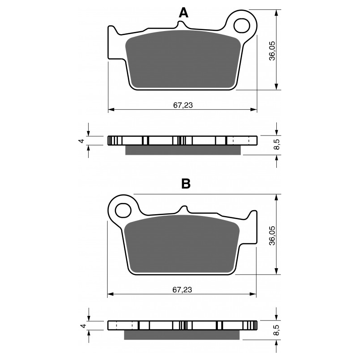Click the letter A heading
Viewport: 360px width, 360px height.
click(x=184, y=13)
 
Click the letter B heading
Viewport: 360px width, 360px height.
click(x=186, y=184)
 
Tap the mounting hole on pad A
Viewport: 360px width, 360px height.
click(x=242, y=25)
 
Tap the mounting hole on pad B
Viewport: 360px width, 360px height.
click(x=123, y=210)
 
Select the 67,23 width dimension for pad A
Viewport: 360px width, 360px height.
click(x=183, y=105)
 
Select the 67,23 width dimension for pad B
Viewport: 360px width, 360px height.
click(x=182, y=290)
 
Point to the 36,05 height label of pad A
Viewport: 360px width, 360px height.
click(x=272, y=51)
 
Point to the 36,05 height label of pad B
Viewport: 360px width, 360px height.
click(x=272, y=235)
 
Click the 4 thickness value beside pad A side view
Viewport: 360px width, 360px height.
click(x=82, y=141)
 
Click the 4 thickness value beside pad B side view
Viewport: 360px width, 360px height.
click(x=84, y=325)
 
